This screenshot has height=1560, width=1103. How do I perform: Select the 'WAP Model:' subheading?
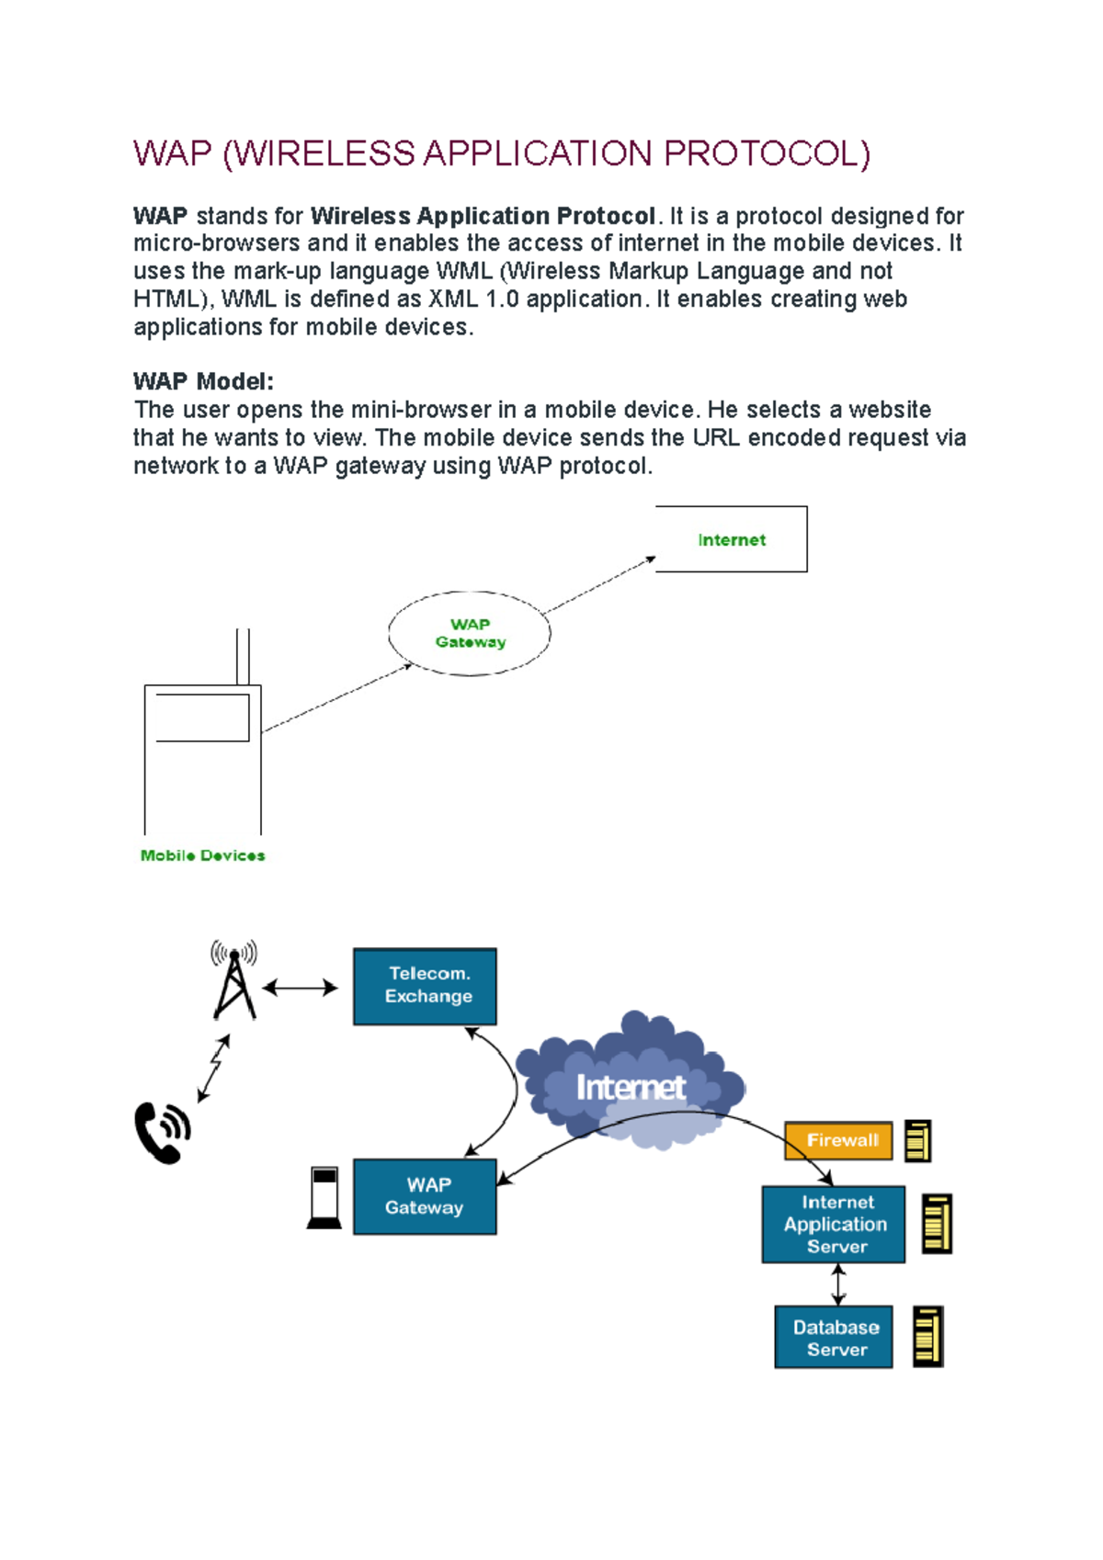coord(203,381)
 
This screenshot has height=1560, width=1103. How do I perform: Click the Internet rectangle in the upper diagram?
coord(731,539)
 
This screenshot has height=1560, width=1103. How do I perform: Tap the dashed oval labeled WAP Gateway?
coord(470,633)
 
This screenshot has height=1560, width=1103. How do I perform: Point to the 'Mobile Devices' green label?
coord(202,855)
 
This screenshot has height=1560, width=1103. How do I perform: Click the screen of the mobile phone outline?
coord(202,718)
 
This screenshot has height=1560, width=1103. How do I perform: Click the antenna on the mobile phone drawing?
coord(243,656)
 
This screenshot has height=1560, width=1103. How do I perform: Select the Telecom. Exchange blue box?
coord(425,986)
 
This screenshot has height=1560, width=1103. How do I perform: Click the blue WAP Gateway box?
coord(425,1196)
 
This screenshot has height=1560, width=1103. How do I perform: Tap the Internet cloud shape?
coord(631,1084)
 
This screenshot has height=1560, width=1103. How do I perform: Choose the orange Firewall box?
coord(838,1140)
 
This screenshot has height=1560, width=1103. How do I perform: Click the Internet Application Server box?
coord(834,1224)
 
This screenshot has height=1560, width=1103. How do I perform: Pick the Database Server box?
coord(834,1338)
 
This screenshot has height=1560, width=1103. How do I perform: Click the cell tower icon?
coord(234,981)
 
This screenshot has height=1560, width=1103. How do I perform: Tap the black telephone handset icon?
coord(162,1133)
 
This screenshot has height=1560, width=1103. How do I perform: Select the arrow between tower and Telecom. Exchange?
coord(300,989)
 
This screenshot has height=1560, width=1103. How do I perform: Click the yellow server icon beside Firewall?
coord(917,1141)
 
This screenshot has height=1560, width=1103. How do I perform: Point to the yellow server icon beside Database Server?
coord(927,1337)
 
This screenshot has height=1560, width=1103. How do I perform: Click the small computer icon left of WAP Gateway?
coord(324,1197)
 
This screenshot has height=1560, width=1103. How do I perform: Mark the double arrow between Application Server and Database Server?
coord(837,1284)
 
